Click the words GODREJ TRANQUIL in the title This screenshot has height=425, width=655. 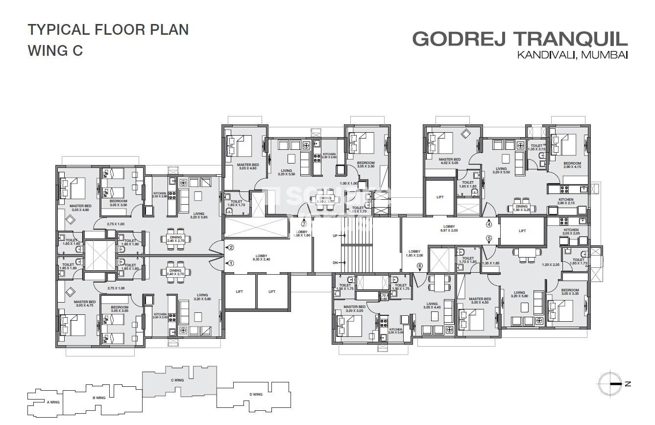click(x=520, y=38)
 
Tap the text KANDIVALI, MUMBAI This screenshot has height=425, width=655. click(x=572, y=55)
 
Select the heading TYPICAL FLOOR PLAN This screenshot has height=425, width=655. click(x=108, y=29)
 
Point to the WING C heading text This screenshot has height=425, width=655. click(x=55, y=50)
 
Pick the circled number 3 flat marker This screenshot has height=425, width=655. click(x=304, y=224)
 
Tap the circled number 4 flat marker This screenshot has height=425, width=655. click(x=488, y=225)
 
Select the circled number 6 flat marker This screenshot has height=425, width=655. click(x=419, y=266)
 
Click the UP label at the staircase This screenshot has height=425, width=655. click(x=336, y=236)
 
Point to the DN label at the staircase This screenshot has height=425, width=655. click(x=336, y=263)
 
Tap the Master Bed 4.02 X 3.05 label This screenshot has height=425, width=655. click(x=449, y=162)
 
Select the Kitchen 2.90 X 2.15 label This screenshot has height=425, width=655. click(x=566, y=202)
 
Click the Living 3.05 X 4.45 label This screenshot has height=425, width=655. click(x=432, y=306)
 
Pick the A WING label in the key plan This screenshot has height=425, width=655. click(x=53, y=402)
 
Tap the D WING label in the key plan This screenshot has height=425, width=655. click(x=255, y=394)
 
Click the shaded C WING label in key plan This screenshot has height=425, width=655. click(x=177, y=380)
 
